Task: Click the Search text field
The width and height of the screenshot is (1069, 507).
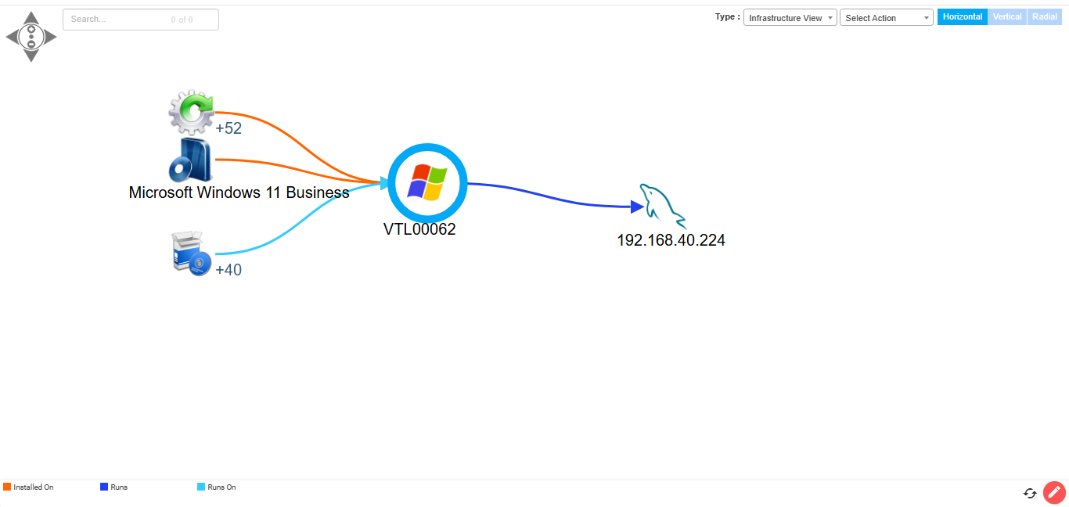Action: coord(140,20)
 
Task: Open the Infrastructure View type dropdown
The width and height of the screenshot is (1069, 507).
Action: coord(790,18)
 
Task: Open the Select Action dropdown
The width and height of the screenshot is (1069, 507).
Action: coord(886,18)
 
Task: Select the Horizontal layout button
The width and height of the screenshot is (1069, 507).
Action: coord(962,16)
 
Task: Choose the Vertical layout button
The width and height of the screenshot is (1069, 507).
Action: coord(1007,16)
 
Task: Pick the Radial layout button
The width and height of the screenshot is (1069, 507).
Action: coord(1045,16)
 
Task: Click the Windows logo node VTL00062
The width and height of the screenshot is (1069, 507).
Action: coord(427,182)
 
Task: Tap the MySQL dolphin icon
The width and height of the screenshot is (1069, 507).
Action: coord(663,206)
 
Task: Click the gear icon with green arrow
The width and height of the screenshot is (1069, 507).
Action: coord(192,112)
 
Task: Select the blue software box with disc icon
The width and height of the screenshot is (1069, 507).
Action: coord(190,160)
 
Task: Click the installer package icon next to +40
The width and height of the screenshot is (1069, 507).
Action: coord(191,253)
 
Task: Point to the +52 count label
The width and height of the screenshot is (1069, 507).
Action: coord(229,128)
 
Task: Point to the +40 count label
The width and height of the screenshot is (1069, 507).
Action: coord(229,270)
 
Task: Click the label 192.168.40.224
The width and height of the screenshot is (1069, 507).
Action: coord(671,240)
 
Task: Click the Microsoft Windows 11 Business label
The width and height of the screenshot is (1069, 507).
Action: coord(239,192)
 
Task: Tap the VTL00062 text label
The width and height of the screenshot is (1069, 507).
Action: coord(419,229)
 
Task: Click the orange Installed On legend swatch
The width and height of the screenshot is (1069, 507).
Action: coord(7,487)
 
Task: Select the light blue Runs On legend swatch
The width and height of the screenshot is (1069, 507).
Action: coord(201,487)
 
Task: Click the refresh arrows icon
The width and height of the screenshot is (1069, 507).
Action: coord(1030,494)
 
